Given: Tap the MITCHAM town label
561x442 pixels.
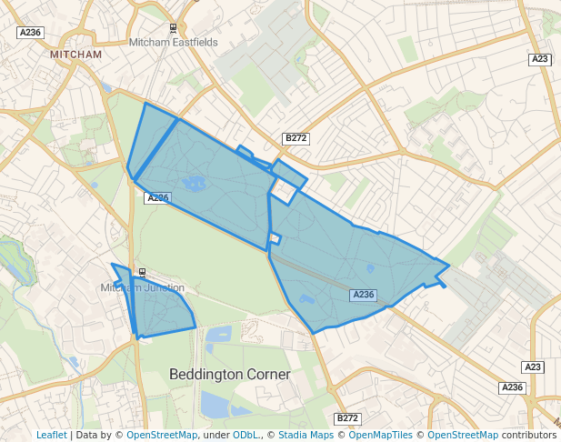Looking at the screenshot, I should (x=76, y=55).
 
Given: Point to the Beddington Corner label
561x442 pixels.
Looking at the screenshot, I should (x=230, y=375).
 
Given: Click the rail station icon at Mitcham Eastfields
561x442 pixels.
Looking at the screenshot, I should (x=173, y=28).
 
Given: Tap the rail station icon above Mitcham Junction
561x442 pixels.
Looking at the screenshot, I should (x=143, y=272).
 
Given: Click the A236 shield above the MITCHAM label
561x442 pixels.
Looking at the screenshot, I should (x=30, y=33).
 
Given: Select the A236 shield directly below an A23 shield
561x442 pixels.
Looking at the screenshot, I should (x=513, y=387).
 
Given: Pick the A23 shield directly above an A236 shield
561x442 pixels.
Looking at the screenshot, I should (x=535, y=367).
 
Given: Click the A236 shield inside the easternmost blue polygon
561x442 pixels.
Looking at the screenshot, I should (x=363, y=295).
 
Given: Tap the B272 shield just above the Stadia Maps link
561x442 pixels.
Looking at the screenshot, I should (x=347, y=418).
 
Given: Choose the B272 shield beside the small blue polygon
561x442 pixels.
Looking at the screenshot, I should (x=296, y=138).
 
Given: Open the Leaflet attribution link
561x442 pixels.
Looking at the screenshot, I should (x=51, y=435).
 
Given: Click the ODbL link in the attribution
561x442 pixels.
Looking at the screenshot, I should (x=245, y=435).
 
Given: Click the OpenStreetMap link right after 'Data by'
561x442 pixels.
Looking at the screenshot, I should (x=161, y=435).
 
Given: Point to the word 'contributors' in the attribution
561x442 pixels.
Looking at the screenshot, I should (x=529, y=435).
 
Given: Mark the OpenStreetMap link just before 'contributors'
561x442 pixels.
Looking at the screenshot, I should (x=463, y=435).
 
